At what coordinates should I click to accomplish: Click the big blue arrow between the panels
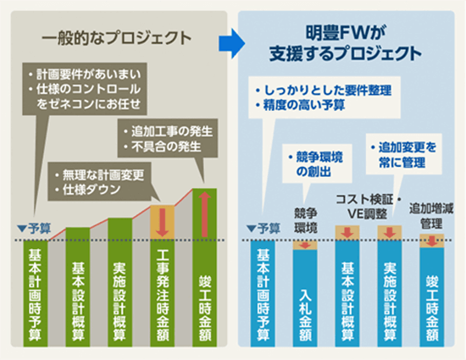[232, 44]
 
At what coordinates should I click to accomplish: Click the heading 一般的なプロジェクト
[117, 38]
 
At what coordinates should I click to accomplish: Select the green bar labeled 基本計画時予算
[36, 293]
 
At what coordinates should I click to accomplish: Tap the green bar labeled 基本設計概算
[78, 287]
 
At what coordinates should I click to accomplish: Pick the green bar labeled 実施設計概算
[119, 282]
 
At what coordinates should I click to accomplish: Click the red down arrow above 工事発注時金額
[163, 222]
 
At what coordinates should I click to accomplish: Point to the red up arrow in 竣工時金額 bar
[204, 213]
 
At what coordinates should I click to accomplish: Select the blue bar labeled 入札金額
[305, 298]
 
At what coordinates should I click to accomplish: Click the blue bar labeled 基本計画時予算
[263, 293]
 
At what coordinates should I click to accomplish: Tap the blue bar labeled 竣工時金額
[431, 297]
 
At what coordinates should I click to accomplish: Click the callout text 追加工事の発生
[169, 131]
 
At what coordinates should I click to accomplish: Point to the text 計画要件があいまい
[85, 75]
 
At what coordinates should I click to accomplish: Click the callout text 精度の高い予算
[300, 105]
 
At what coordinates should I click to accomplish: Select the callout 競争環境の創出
[317, 164]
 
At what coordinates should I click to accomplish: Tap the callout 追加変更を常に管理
[403, 154]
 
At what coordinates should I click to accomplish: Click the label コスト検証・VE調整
[369, 207]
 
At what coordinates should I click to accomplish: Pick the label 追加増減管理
[431, 216]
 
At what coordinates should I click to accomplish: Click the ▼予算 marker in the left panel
[34, 229]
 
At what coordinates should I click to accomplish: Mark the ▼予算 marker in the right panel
[264, 229]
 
